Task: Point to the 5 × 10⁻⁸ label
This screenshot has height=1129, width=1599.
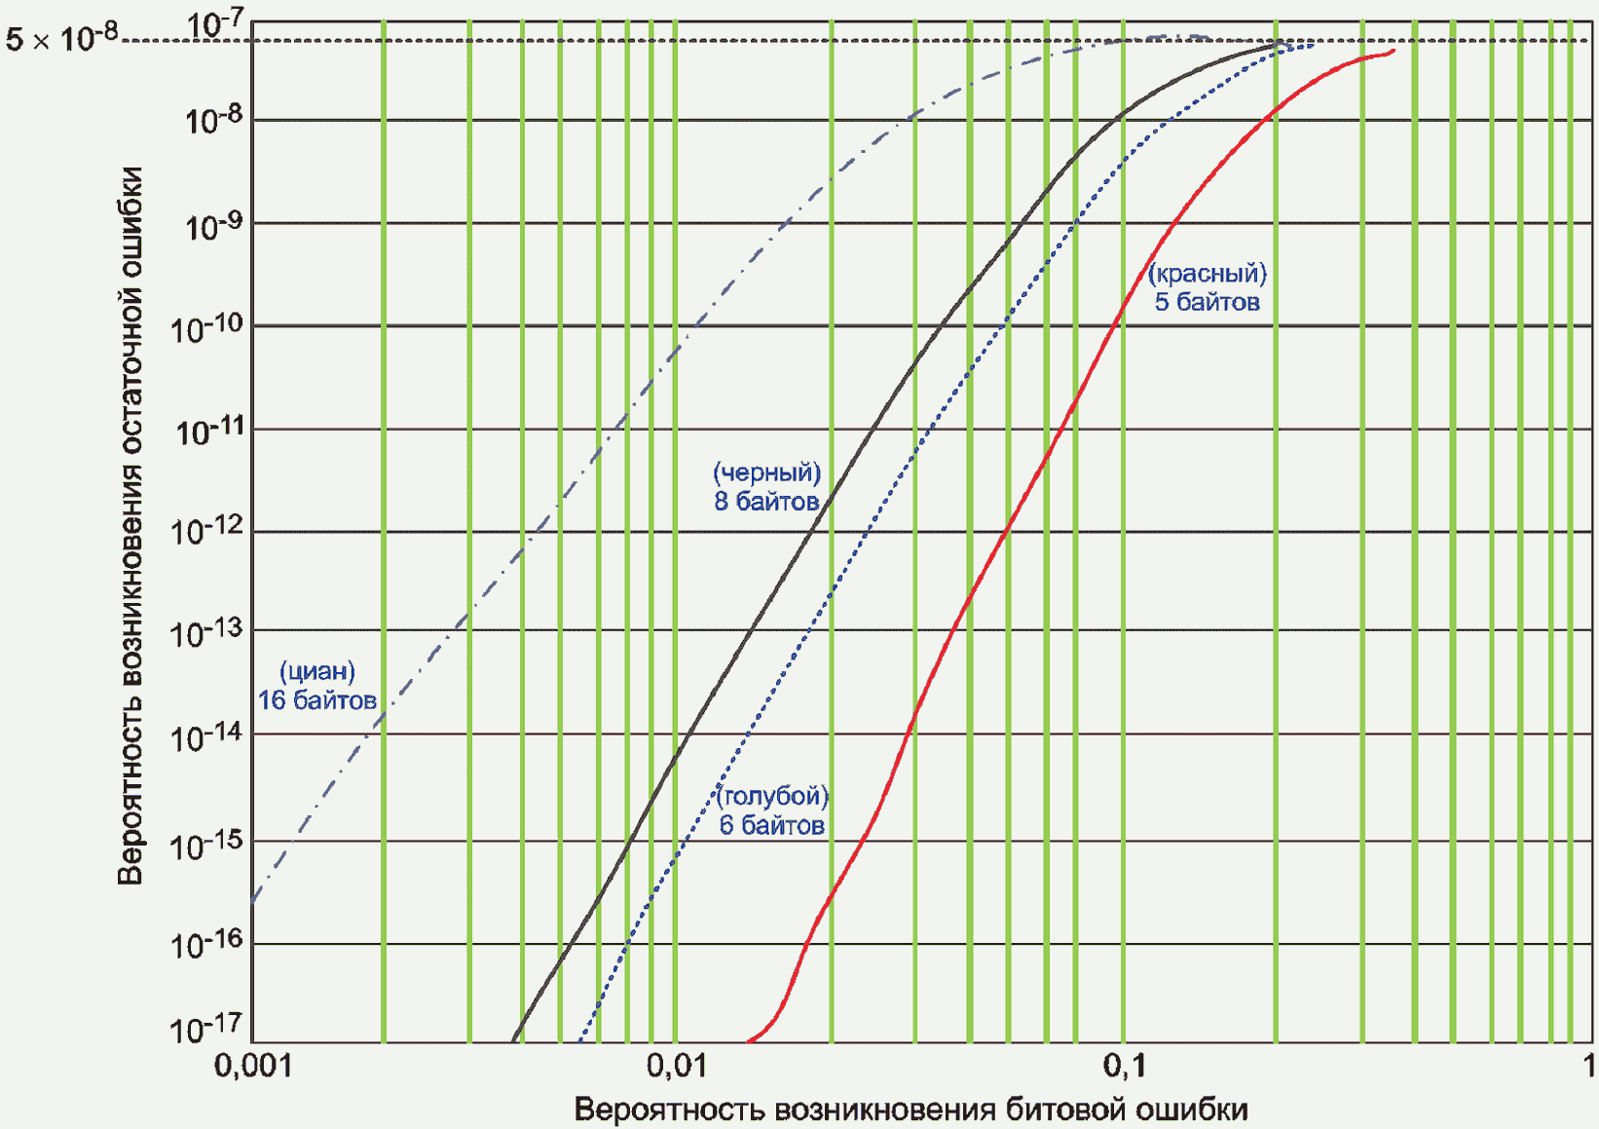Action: (62, 38)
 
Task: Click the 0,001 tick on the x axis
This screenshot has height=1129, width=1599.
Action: (253, 1066)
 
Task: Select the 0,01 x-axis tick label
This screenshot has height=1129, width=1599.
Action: (676, 1066)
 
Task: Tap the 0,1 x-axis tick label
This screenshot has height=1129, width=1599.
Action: (1124, 1066)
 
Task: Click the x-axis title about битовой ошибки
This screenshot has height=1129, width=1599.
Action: (911, 1110)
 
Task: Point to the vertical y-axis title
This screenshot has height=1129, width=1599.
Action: (130, 526)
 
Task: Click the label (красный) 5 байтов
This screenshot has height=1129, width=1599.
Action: (1208, 287)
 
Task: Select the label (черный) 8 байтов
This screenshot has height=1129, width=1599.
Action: (766, 487)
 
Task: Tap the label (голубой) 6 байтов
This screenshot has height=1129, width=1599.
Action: (772, 810)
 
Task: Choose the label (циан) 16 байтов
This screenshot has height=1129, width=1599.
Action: (316, 686)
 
